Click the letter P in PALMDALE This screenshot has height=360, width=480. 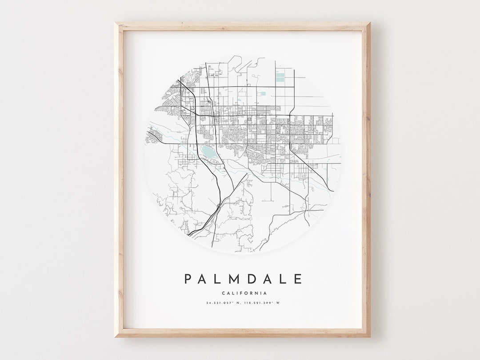(x=188, y=279)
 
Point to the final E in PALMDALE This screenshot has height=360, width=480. (x=298, y=279)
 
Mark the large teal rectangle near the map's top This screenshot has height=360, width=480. (x=280, y=77)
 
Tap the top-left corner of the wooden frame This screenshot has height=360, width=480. (x=116, y=23)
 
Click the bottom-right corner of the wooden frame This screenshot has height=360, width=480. (x=368, y=336)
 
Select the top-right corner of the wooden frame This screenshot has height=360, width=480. (x=368, y=23)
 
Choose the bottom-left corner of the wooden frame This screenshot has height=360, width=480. (x=116, y=336)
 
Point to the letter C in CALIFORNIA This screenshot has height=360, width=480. (x=222, y=293)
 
